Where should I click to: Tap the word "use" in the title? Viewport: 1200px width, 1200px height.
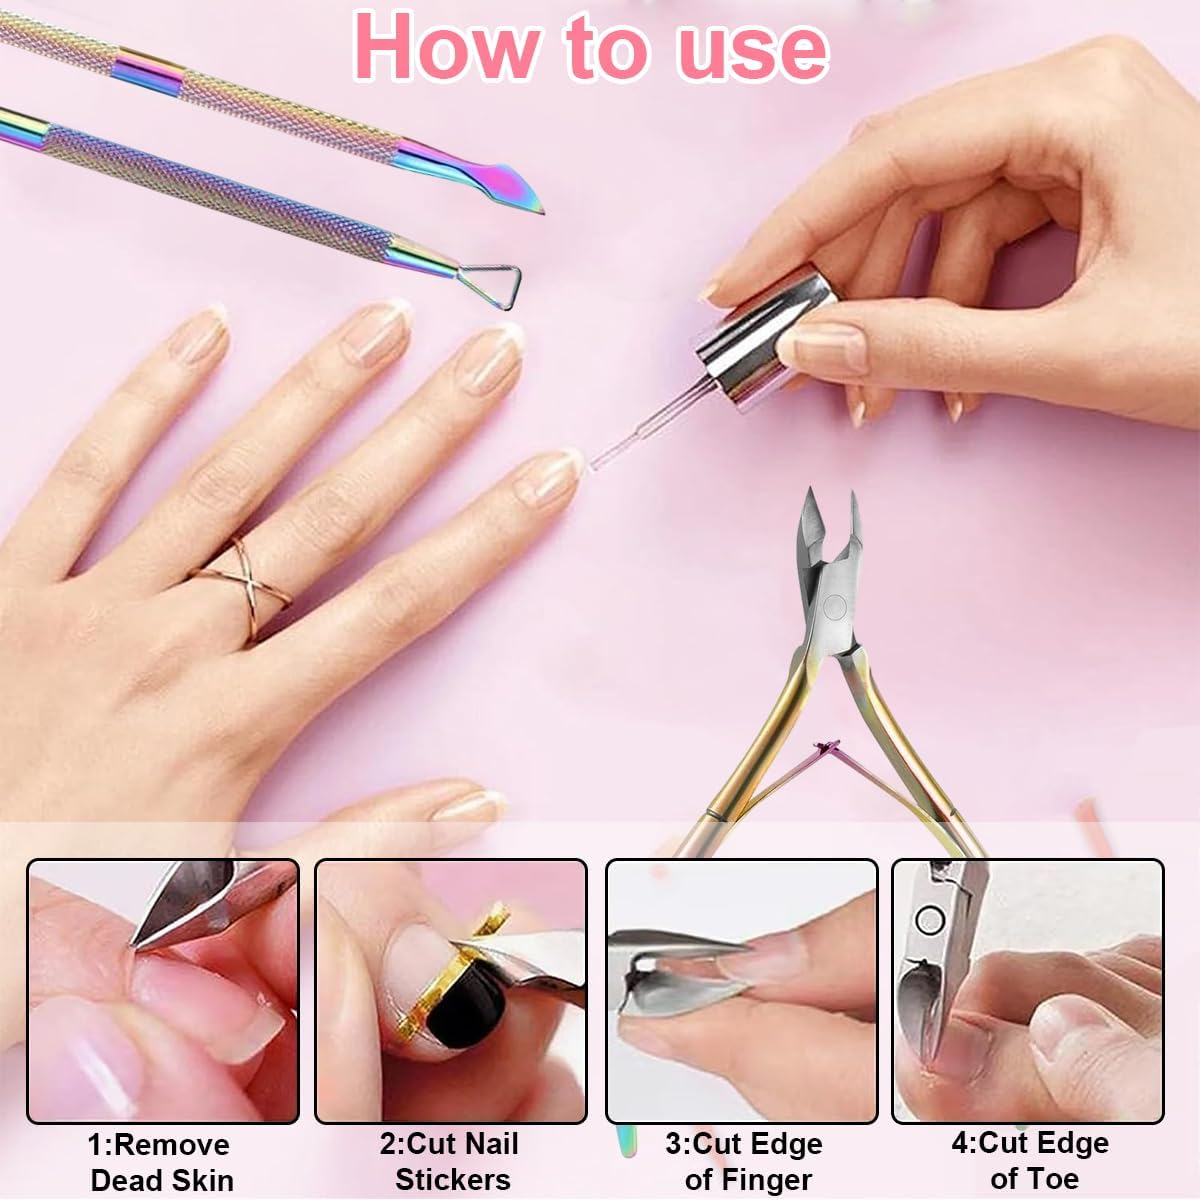pos(752,48)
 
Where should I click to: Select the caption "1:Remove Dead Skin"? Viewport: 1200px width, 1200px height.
pos(161,1162)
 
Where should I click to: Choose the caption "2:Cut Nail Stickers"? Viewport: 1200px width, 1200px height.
pos(451,1162)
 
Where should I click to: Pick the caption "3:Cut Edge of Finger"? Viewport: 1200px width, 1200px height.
pos(745,1162)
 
